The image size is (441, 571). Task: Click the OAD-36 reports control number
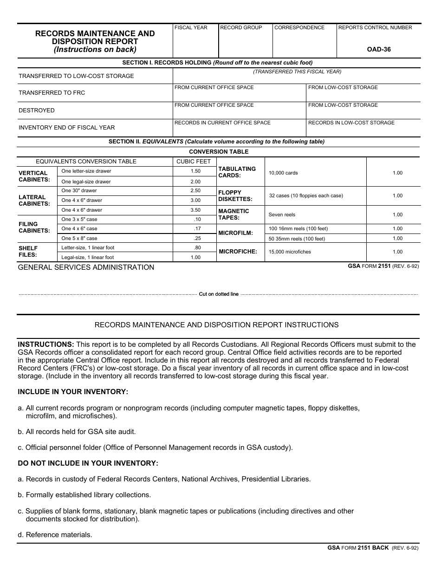379,50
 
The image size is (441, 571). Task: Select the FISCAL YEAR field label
191,28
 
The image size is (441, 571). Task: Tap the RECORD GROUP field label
241,28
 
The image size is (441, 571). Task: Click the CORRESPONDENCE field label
299,28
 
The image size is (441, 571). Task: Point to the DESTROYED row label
37,110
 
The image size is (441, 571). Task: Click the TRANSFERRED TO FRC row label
52,93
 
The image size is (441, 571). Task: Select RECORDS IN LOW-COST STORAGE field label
351,123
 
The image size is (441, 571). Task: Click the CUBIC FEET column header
194,162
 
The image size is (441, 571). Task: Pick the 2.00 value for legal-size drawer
195,182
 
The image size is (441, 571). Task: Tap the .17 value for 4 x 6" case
197,229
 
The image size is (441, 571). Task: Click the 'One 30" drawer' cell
79,191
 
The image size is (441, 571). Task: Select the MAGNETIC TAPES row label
233,214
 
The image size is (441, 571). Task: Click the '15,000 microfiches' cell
290,252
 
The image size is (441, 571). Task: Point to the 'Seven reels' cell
282,214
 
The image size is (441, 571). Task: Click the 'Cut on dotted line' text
219,294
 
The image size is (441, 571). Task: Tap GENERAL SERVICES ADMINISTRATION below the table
86,267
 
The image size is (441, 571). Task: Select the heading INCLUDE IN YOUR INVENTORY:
73,392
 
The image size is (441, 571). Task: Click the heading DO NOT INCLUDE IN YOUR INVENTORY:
88,463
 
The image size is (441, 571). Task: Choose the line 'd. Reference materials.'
55,535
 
